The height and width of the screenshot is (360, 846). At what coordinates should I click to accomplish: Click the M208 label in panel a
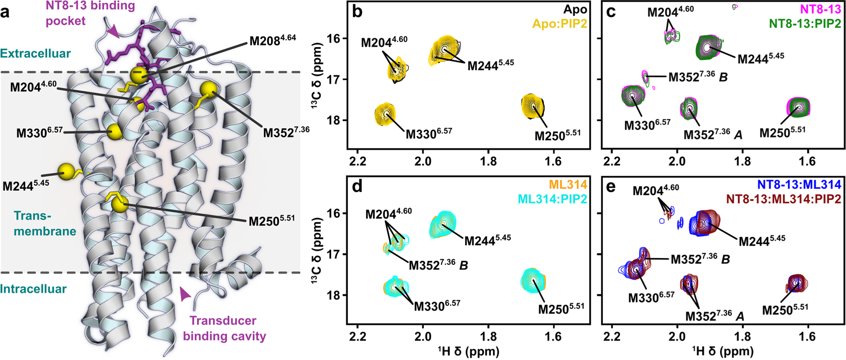[x=272, y=40]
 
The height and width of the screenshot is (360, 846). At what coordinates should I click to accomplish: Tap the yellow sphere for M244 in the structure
[x=66, y=172]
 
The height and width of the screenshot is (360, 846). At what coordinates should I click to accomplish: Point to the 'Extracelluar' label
[x=36, y=53]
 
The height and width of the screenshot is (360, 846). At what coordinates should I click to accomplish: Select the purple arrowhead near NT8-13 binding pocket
[x=112, y=31]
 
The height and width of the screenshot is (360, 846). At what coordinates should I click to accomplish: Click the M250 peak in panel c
[x=798, y=107]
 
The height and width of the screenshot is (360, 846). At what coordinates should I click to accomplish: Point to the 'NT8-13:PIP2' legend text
[x=805, y=24]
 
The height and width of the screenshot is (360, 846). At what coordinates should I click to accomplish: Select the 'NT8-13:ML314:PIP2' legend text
[x=784, y=199]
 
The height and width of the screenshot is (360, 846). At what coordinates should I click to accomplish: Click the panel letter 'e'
[x=610, y=187]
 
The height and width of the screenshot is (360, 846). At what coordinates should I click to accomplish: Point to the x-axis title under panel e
[x=722, y=352]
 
